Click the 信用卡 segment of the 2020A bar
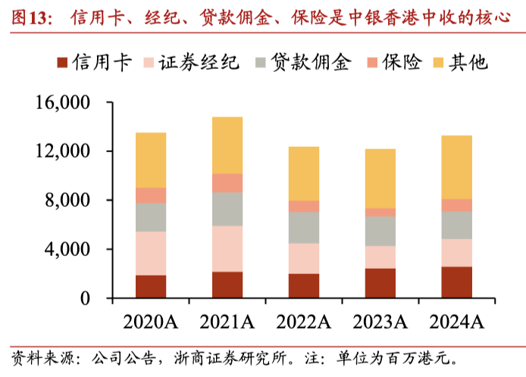coord(151,286)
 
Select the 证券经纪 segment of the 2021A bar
coord(227,248)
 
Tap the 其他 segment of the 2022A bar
coord(304,173)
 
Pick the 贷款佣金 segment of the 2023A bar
coord(380,231)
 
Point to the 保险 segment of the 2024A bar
coord(457,205)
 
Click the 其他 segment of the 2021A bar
coord(227,145)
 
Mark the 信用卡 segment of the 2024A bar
coord(457,282)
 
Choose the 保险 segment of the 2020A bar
coord(151,195)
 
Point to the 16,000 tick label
coord(62,102)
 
